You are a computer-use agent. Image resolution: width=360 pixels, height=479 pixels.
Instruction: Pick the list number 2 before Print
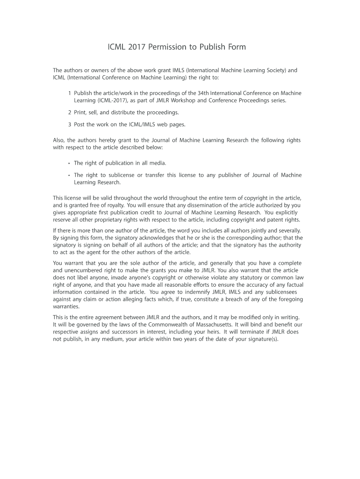[70, 112]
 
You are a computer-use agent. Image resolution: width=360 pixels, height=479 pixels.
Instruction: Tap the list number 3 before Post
[70, 124]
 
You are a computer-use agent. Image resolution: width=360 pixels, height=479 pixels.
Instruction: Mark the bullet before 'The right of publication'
[69, 163]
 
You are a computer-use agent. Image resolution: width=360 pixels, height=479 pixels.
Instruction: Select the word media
[158, 163]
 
